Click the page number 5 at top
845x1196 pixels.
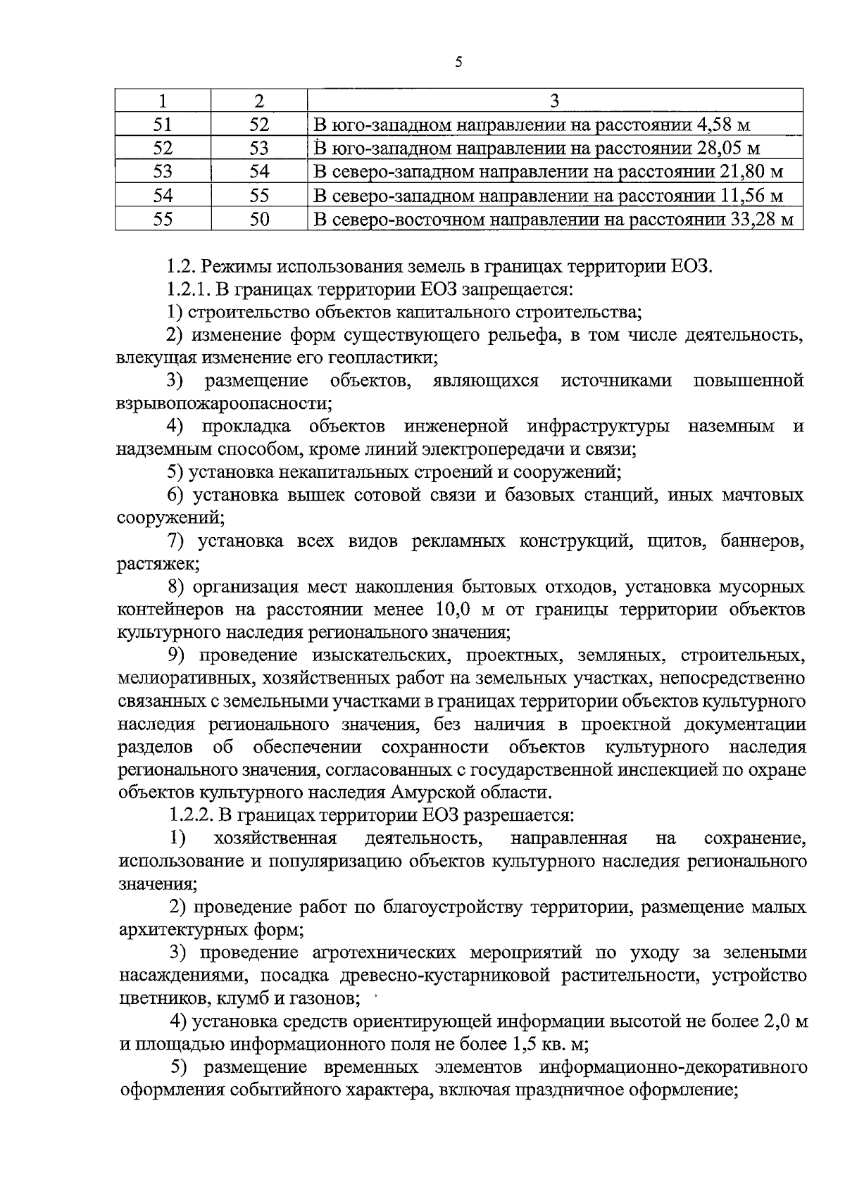click(458, 63)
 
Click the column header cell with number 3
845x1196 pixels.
click(554, 101)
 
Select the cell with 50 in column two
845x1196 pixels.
click(259, 220)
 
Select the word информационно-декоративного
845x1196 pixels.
click(672, 1068)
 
